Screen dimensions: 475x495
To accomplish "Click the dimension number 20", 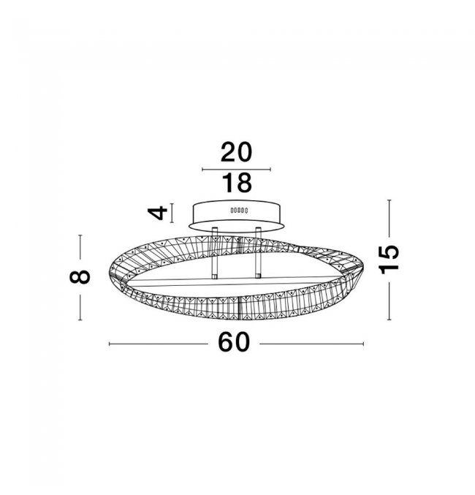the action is coord(236,152).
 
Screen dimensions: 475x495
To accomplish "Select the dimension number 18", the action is coord(237,183).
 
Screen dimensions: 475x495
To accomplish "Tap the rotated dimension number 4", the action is coord(158,213).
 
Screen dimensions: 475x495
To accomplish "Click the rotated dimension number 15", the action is coord(389,260).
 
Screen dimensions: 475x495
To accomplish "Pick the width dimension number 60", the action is coord(234,342).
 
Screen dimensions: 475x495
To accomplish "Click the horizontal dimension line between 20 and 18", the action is coord(236,170).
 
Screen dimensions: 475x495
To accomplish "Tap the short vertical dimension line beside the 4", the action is coord(172,213).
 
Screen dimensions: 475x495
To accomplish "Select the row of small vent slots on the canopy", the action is coord(239,210).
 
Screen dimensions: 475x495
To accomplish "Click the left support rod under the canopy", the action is coord(215,253).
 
